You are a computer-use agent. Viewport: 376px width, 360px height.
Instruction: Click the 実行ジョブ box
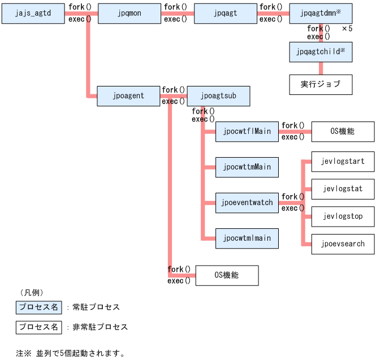point(321,84)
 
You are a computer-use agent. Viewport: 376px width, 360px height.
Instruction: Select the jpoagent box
point(128,96)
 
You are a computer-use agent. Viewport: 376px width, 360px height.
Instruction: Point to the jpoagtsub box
point(218,96)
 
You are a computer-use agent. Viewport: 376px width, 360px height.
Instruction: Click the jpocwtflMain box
point(247,132)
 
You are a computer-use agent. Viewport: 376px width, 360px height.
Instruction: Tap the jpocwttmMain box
point(247,167)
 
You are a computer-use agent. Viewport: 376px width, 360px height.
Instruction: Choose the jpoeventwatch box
point(247,202)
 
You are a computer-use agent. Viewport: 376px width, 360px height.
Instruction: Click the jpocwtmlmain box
point(247,238)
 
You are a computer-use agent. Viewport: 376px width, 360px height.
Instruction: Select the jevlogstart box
point(343,162)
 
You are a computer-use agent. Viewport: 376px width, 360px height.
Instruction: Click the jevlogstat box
point(343,189)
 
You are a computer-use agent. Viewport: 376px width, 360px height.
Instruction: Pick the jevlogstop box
point(343,216)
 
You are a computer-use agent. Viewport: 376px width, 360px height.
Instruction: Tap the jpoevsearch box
point(343,244)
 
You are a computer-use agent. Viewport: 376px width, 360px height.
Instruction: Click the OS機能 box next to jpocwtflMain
point(343,132)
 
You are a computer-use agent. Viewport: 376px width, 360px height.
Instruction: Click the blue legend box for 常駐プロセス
point(38,307)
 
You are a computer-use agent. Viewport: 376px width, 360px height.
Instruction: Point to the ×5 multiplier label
point(347,28)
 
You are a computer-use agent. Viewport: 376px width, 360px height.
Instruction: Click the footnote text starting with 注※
point(70,353)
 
